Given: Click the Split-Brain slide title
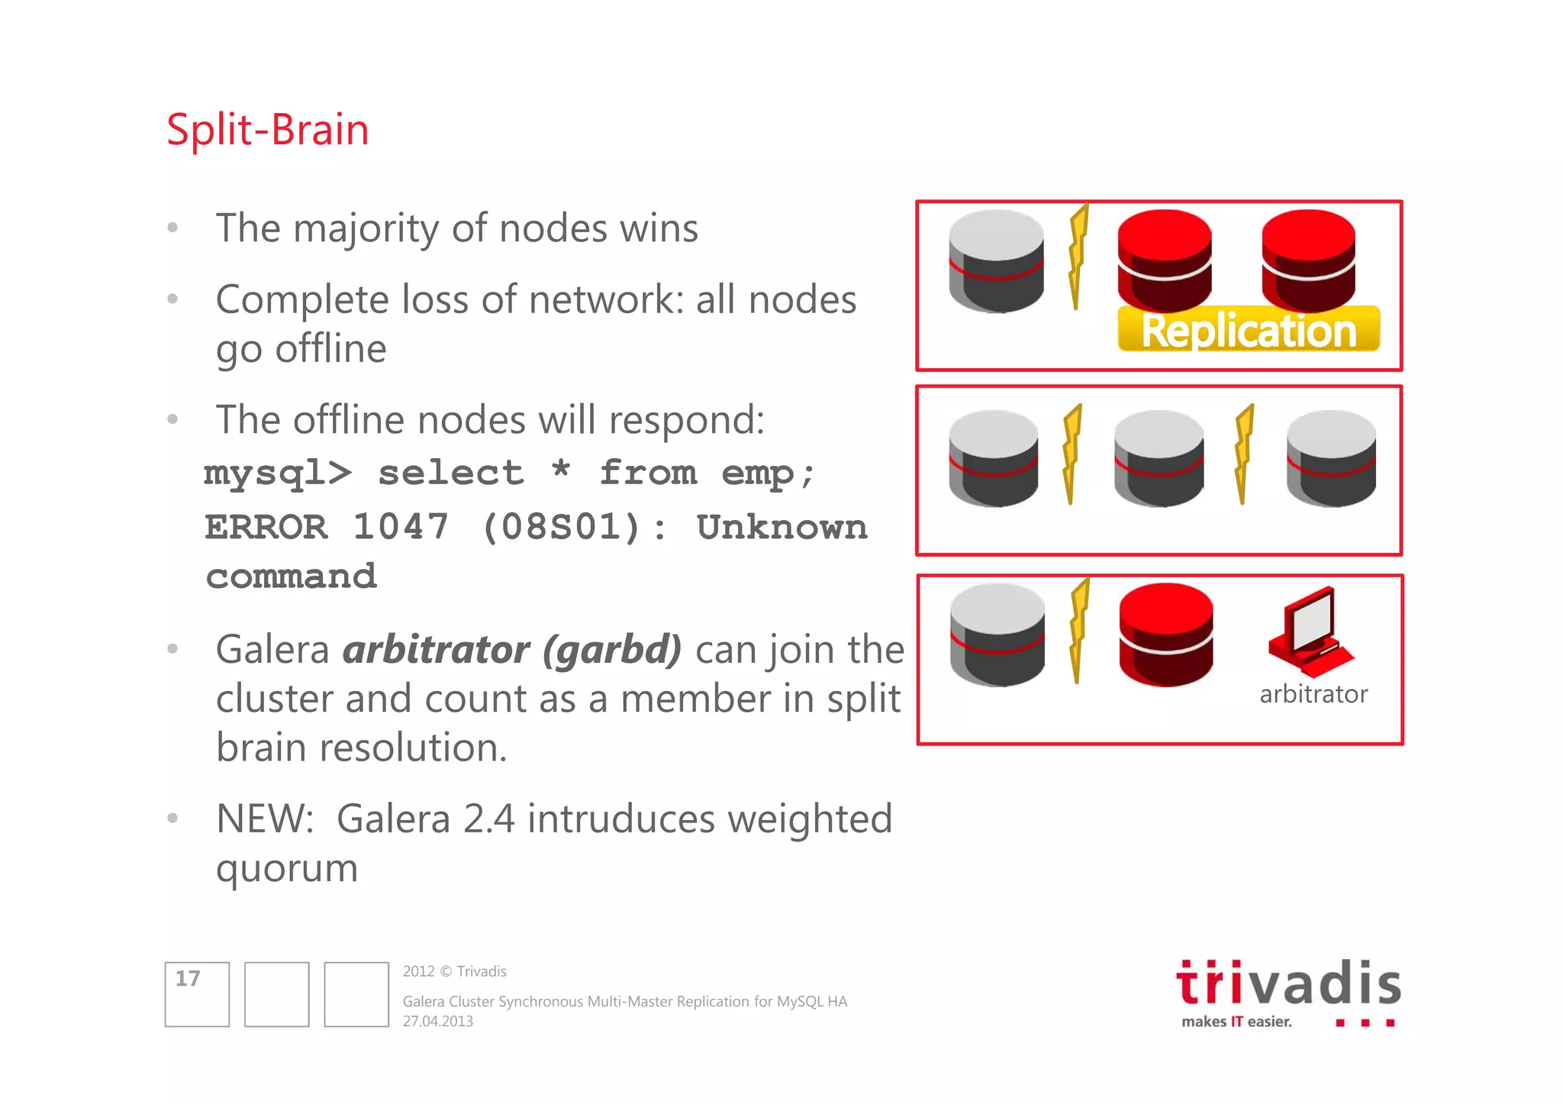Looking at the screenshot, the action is tap(267, 130).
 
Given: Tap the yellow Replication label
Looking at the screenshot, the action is tap(1249, 331).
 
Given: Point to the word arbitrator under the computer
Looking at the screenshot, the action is tap(1313, 694).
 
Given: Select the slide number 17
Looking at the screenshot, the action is tap(188, 979).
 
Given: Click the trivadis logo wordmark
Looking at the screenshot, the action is tap(1288, 984).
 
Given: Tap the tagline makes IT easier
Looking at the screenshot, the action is tap(1236, 1022).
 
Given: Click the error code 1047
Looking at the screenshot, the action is tap(400, 527).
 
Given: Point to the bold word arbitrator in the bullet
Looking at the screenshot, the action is tap(436, 650).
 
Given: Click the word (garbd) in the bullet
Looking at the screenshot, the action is tap(612, 650).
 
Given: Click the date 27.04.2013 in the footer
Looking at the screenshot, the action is tap(438, 1022).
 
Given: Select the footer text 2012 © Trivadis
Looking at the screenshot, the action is tap(455, 971).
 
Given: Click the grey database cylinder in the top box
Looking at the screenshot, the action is tap(996, 261).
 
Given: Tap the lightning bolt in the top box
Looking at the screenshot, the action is tap(1078, 256).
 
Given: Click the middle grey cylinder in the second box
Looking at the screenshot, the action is tap(1159, 458).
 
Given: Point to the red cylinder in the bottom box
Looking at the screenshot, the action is tap(1165, 635).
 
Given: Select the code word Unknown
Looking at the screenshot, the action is tap(782, 527).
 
